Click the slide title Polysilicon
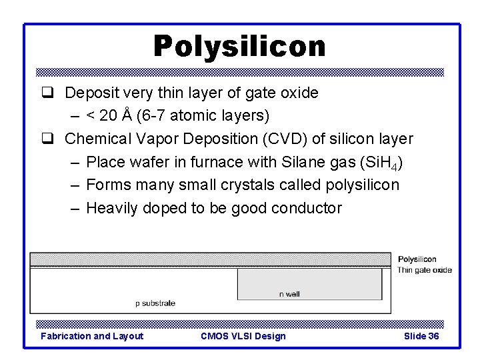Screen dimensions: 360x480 [x=239, y=47]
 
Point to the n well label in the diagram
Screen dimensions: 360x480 [x=289, y=294]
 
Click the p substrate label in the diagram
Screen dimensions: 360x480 [x=155, y=303]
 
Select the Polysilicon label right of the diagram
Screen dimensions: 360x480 [x=417, y=259]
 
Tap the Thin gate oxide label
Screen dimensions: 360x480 [x=424, y=270]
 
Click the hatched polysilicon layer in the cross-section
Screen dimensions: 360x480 [x=210, y=259]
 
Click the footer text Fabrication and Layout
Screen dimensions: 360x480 [x=92, y=336]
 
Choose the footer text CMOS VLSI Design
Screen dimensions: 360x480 [x=243, y=336]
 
